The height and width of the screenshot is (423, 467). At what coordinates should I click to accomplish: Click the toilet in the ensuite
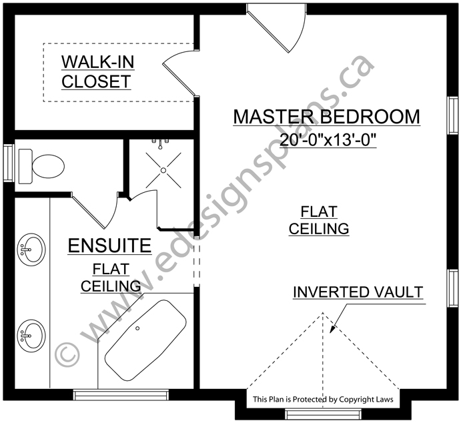(41, 166)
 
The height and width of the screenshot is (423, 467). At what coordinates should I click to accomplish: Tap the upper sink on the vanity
(31, 250)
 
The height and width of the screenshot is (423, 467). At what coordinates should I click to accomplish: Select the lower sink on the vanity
(31, 336)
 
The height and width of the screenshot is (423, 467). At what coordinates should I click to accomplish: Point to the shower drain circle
(163, 170)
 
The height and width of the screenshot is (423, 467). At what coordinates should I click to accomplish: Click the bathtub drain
(137, 328)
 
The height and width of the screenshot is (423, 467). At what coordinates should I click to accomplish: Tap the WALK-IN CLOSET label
(97, 72)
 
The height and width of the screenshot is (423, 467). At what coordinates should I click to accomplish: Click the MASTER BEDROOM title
(327, 117)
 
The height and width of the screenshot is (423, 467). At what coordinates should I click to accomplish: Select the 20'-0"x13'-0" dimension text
(328, 139)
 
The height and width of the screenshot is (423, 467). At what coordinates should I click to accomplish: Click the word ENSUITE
(110, 246)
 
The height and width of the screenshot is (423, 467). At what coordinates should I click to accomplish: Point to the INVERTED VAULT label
(358, 292)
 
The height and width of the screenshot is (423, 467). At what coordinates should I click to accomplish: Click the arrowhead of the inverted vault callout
(332, 329)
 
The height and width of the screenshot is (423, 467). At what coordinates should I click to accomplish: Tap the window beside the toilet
(9, 163)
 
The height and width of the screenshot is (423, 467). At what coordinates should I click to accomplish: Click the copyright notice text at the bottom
(323, 399)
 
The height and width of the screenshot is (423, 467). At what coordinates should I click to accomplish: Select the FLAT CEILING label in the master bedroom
(319, 220)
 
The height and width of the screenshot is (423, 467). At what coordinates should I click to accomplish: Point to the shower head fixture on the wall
(160, 143)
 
